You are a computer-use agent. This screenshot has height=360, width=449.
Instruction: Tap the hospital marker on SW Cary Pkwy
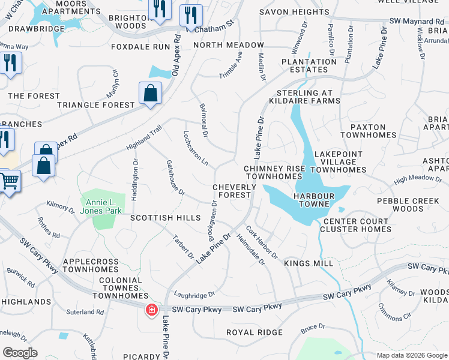click(152, 310)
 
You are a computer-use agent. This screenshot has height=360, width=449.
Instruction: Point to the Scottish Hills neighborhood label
click(166, 218)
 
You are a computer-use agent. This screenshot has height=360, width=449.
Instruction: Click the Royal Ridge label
click(254, 332)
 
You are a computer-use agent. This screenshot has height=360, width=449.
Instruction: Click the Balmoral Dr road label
click(203, 120)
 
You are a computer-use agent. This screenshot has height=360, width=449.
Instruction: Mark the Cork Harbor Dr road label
click(262, 242)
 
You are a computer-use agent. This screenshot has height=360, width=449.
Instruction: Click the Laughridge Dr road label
click(194, 295)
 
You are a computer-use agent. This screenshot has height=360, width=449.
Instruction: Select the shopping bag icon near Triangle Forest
click(149, 93)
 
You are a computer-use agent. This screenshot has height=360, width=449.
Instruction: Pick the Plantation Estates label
click(309, 65)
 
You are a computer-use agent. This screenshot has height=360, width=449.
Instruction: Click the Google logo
click(20, 353)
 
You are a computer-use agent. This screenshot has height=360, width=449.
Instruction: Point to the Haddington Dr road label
click(135, 178)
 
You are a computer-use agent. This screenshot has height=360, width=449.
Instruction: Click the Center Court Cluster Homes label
click(357, 225)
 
